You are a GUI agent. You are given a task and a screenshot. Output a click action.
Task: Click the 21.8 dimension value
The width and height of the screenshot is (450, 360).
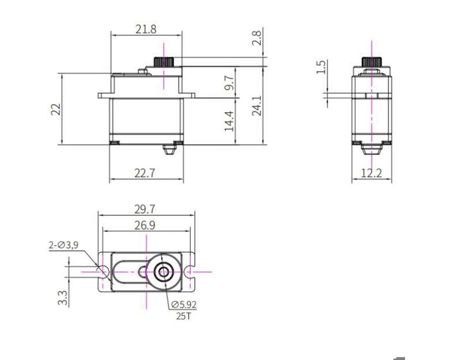pos(146,29)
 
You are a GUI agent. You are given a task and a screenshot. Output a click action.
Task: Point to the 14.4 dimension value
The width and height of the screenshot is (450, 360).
pos(230,121)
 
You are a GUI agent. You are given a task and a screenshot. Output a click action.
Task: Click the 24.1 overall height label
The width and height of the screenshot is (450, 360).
pos(257,105)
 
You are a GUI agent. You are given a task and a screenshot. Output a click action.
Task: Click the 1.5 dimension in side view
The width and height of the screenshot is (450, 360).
pos(320,67)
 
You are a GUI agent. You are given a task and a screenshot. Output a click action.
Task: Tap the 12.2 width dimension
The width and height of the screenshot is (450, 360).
pos(371,173)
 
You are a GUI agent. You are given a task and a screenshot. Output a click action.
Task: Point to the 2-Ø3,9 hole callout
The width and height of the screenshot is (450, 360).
pos(63,245)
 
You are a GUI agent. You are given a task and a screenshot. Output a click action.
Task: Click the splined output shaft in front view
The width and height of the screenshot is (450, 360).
pos(164,61)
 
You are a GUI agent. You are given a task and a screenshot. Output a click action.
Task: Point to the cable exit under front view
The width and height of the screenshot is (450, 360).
pos(170,150)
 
